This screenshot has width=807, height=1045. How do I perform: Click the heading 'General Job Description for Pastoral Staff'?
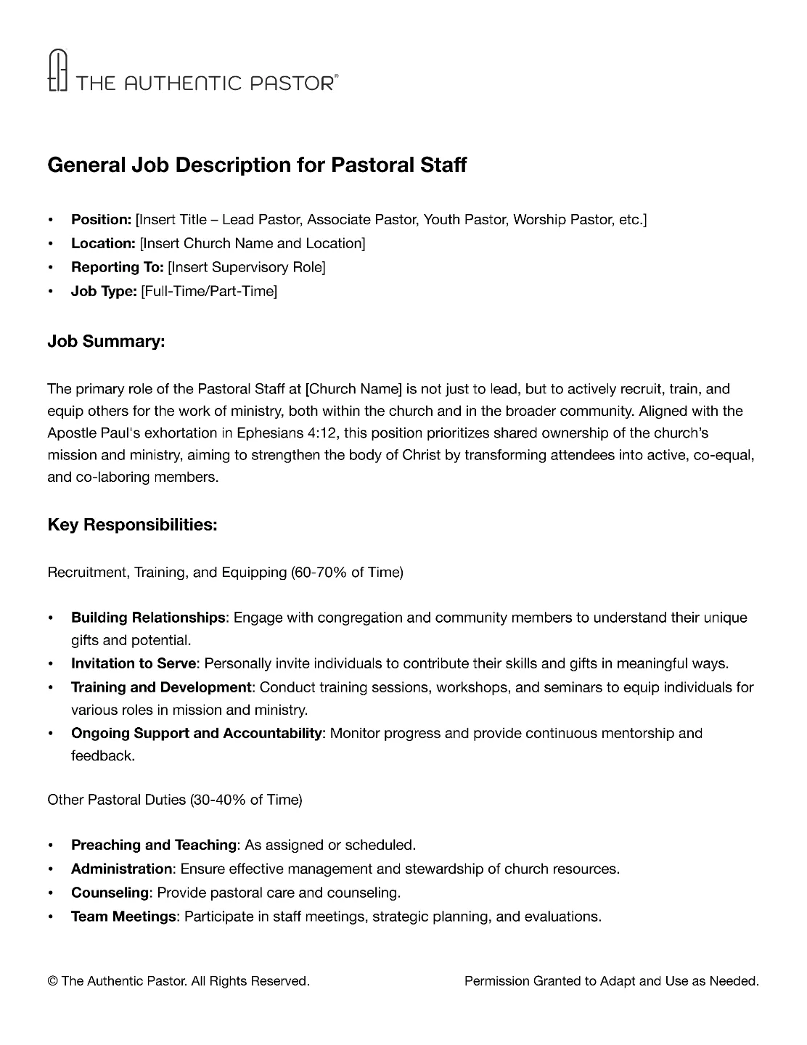click(x=257, y=165)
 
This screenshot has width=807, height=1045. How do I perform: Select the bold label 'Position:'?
click(x=101, y=219)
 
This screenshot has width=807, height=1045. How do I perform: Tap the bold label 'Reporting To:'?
click(x=117, y=267)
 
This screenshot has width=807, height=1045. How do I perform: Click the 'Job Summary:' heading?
click(x=106, y=341)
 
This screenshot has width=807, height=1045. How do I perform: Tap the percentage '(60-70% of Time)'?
click(x=347, y=572)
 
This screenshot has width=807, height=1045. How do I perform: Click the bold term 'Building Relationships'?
click(x=148, y=618)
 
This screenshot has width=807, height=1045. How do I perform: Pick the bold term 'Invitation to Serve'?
click(x=134, y=663)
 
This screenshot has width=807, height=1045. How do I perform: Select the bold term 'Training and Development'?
click(x=160, y=687)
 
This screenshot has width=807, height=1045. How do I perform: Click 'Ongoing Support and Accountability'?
click(x=196, y=733)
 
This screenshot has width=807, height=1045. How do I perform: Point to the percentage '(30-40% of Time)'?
click(x=246, y=800)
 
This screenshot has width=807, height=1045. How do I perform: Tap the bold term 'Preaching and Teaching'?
click(x=154, y=845)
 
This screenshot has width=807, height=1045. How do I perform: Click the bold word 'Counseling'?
click(x=110, y=893)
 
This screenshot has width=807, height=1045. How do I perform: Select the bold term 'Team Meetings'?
click(x=123, y=917)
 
